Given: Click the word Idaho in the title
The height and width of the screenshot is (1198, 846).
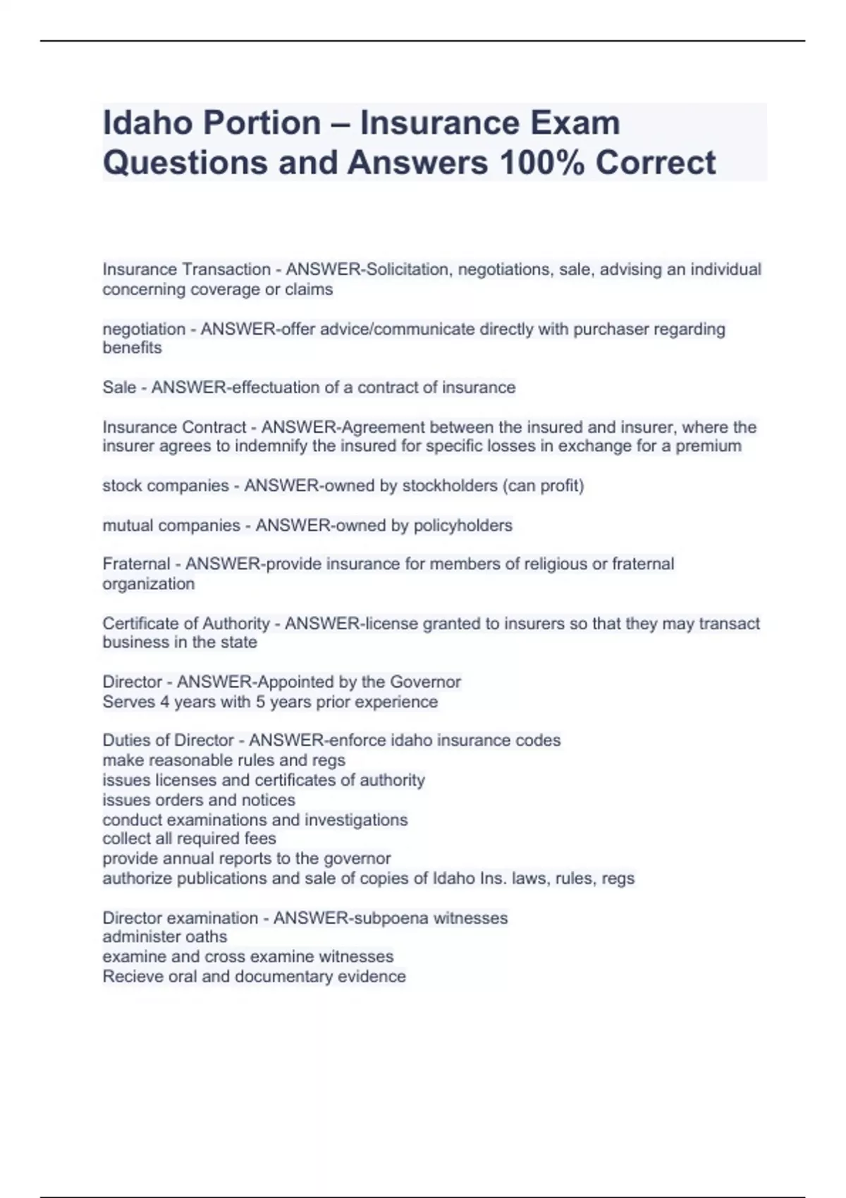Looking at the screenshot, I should (x=147, y=123).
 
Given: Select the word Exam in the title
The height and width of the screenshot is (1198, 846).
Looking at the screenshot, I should (x=575, y=123).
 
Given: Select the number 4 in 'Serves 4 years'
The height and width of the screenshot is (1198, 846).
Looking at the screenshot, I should (x=164, y=702).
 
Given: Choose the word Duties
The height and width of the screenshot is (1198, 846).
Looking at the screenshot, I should (x=123, y=741).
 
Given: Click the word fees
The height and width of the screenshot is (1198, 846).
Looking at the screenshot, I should (x=262, y=839).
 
